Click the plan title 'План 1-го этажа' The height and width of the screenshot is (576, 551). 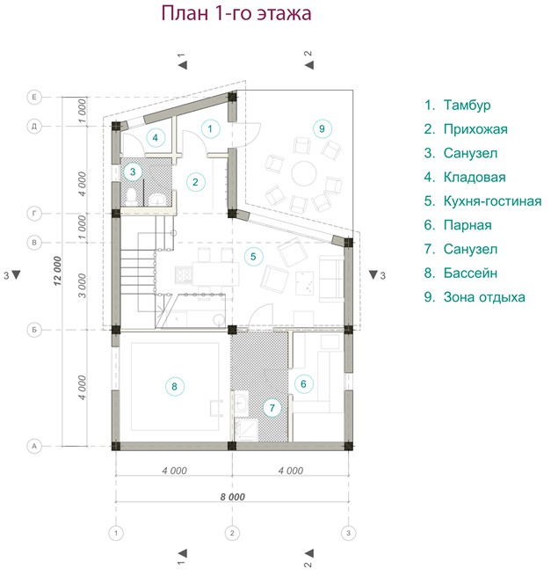tap(236, 13)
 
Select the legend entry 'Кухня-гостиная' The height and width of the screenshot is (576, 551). tap(492, 201)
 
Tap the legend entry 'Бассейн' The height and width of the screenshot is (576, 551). tap(470, 273)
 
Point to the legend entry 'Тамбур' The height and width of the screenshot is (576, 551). tap(467, 105)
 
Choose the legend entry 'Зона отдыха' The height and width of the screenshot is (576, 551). tap(484, 297)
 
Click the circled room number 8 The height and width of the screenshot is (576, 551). tap(174, 386)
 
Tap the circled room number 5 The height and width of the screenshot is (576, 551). tap(253, 256)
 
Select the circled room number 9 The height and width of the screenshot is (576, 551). tap(322, 128)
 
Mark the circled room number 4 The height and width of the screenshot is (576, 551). tap(156, 138)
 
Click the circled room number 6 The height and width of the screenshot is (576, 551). tap(303, 384)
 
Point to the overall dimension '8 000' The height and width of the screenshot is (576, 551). tap(232, 497)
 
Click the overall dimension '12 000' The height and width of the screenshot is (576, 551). tap(58, 271)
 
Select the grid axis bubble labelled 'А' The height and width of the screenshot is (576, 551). tap(34, 447)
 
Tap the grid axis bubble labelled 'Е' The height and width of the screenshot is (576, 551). tap(34, 97)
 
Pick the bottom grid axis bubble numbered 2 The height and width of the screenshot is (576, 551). tap(232, 533)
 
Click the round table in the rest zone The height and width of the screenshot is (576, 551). tap(304, 173)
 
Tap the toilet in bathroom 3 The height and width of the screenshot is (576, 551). tap(132, 196)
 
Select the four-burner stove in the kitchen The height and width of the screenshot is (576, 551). tap(184, 274)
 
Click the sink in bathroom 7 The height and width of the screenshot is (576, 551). tap(241, 402)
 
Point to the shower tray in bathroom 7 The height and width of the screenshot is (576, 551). tap(245, 429)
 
